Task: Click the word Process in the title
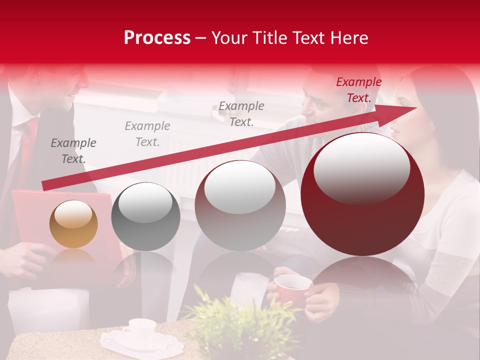(157, 38)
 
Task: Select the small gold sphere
(73, 224)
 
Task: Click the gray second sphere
(145, 217)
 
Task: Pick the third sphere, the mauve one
(240, 206)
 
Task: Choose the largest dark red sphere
(362, 195)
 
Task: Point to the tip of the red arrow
(416, 108)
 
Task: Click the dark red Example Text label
(358, 90)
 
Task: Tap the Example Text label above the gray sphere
(147, 134)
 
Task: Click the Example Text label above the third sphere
(241, 114)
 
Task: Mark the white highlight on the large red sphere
(361, 167)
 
